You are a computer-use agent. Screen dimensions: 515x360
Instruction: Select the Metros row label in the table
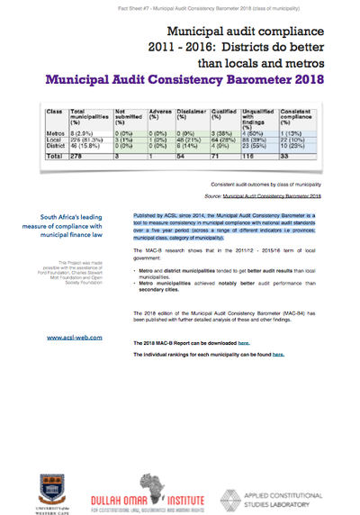[55, 157]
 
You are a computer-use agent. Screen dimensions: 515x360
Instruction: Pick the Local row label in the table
[53, 163]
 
